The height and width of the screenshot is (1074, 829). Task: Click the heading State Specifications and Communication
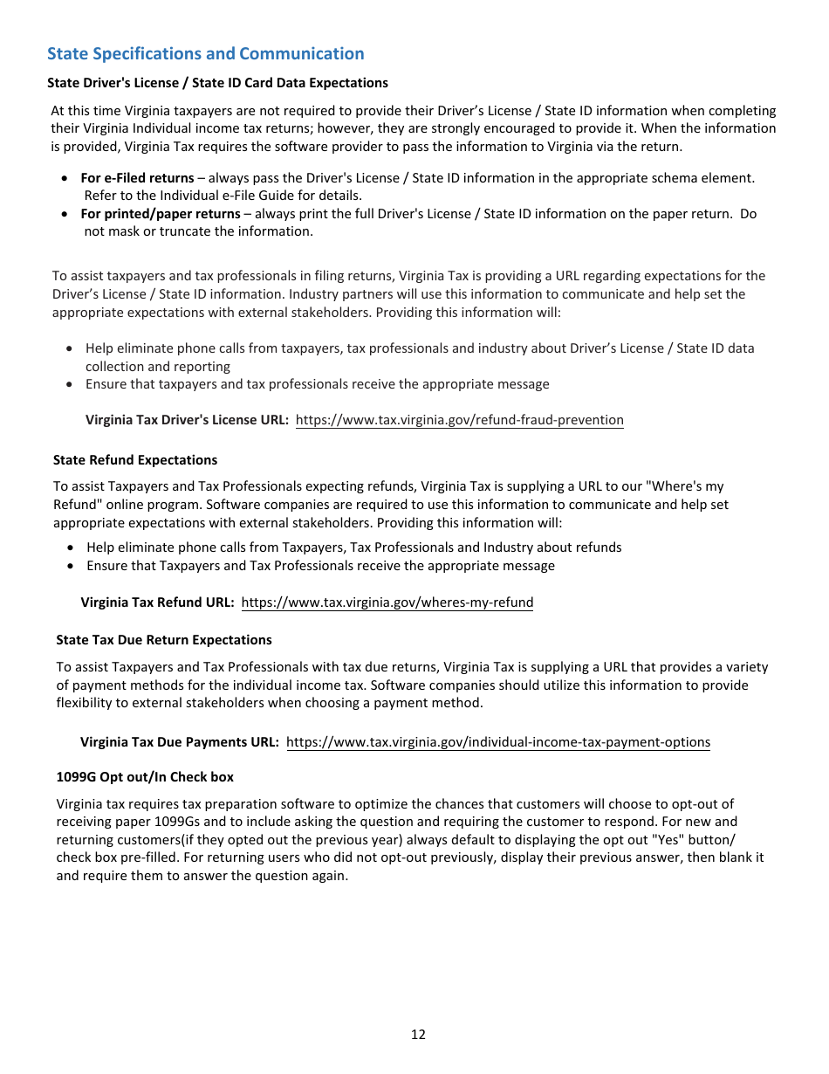(205, 54)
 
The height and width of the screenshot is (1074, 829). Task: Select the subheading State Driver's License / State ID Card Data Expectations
(217, 83)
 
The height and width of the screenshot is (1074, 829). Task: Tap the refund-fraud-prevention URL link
(459, 420)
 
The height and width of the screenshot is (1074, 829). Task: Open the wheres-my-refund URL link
(387, 602)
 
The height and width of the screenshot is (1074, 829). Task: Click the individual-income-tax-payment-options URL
(497, 742)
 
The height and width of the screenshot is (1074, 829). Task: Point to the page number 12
(418, 1035)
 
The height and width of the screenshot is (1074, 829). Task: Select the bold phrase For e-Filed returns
(137, 178)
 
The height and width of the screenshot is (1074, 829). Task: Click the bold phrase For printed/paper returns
(160, 214)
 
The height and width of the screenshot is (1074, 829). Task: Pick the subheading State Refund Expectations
(135, 460)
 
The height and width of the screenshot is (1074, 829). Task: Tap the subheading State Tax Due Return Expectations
(164, 640)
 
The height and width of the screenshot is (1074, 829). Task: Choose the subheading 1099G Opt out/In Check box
(145, 777)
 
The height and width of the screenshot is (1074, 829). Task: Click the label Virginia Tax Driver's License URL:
(187, 420)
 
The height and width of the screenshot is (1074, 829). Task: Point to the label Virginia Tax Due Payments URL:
(180, 742)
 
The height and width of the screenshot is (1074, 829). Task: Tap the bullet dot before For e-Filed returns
(65, 178)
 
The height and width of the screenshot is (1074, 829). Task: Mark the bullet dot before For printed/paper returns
(65, 214)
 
